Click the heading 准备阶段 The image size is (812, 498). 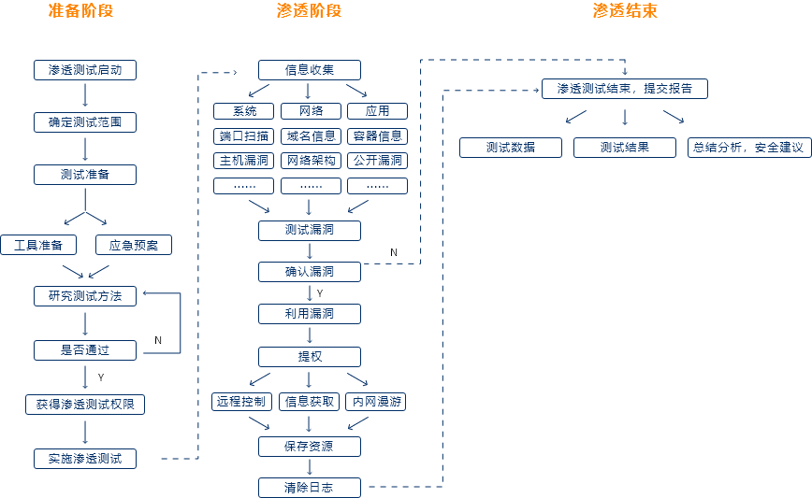86,11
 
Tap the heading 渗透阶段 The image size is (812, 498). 309,11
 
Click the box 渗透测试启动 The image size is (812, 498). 85,70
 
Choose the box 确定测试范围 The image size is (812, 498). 85,122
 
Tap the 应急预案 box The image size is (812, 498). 134,246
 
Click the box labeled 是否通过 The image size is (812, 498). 85,350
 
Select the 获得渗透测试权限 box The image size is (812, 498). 85,405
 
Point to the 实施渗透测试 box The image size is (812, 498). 85,459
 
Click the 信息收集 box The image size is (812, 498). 309,70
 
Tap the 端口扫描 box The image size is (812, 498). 243,136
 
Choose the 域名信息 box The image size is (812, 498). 310,136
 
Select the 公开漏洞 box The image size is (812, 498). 377,161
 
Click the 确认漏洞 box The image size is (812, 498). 309,272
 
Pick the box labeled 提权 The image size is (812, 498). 309,356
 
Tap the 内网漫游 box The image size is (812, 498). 377,402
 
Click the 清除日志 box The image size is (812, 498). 309,488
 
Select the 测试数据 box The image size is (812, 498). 510,148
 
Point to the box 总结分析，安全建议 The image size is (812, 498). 747,148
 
